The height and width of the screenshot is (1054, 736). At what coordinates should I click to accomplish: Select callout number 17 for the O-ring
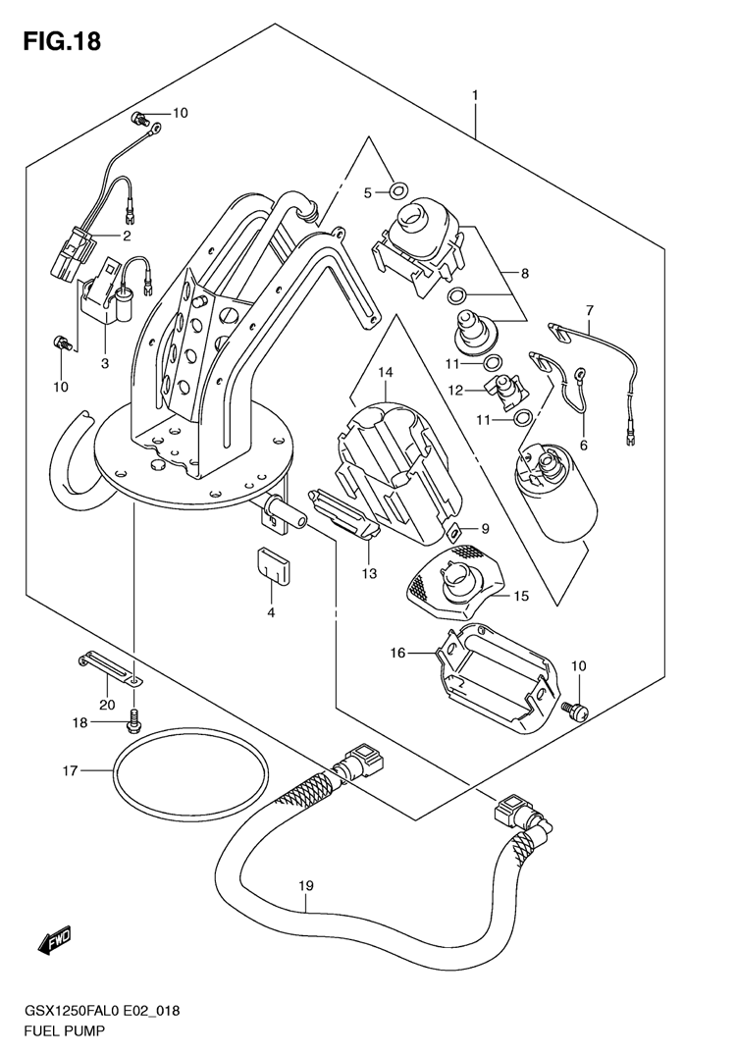point(70,770)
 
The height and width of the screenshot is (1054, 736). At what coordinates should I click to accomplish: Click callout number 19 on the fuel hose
point(305,886)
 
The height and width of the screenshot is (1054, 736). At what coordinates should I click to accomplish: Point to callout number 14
point(385,372)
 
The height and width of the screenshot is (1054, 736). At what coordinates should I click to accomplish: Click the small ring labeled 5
point(397,189)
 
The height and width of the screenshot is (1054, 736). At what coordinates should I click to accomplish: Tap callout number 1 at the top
point(474,95)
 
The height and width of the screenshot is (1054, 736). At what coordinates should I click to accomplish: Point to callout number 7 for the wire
point(590,311)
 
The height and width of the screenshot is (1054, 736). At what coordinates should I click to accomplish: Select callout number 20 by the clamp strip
point(106,703)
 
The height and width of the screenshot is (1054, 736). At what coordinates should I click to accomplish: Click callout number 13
point(368,573)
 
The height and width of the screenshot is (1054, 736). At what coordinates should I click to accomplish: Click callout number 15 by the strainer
point(520,595)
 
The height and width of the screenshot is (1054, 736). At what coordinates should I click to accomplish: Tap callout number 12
point(454,390)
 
